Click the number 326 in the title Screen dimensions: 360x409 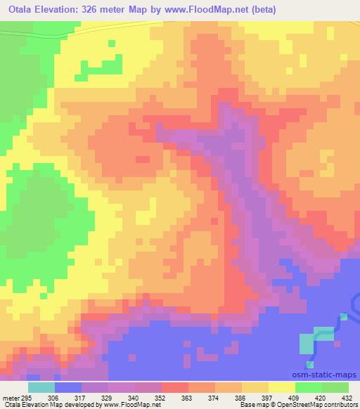[98, 10]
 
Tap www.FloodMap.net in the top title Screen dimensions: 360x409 [212, 10]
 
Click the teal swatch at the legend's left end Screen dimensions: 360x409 [41, 387]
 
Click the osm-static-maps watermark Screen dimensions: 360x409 [329, 375]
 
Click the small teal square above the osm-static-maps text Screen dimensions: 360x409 [309, 364]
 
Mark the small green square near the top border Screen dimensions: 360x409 [111, 43]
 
